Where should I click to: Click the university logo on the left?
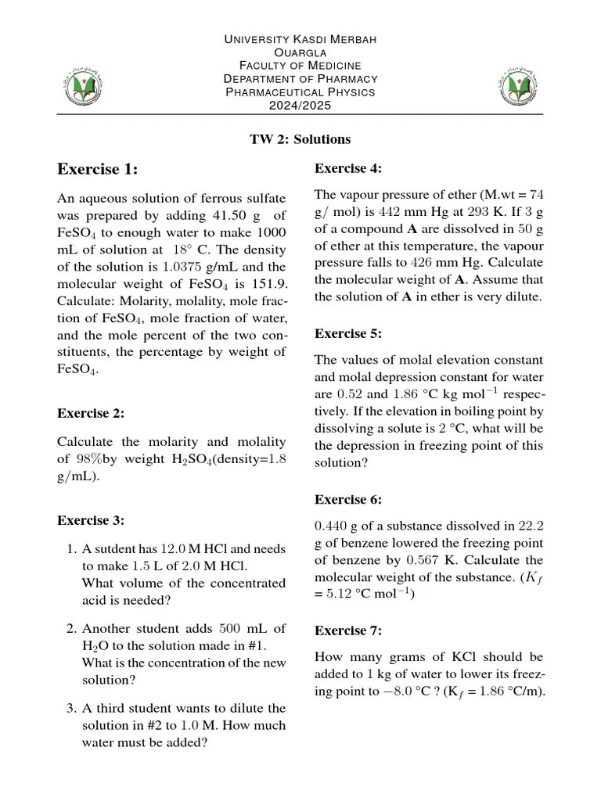(x=81, y=84)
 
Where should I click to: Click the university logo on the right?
(x=519, y=84)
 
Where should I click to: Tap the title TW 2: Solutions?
(x=300, y=139)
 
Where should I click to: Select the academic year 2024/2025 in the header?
(x=300, y=105)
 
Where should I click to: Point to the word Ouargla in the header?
(x=300, y=52)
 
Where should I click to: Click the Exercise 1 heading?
(x=97, y=169)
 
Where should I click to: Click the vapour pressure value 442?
(x=363, y=211)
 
